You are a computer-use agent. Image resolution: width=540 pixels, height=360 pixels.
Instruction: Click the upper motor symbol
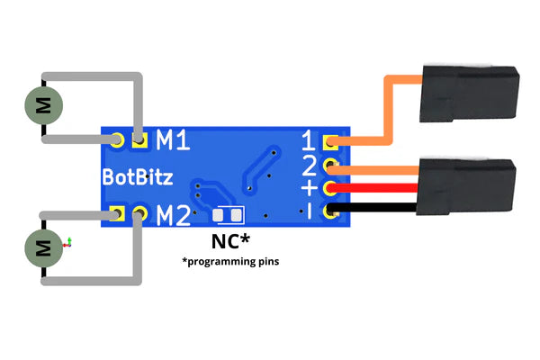tap(43, 105)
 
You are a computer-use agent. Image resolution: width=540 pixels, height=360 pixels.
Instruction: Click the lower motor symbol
tap(43, 248)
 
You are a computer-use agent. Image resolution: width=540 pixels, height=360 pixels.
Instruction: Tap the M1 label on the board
tap(173, 139)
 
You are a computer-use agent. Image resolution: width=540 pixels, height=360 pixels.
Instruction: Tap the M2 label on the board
tap(173, 215)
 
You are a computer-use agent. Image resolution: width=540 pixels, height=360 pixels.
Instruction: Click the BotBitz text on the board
tap(138, 177)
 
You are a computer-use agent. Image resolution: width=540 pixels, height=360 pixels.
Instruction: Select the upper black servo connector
tap(469, 94)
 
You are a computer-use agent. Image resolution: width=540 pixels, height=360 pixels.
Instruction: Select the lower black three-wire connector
tap(466, 186)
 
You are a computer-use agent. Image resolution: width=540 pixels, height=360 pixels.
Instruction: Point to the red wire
tap(373, 188)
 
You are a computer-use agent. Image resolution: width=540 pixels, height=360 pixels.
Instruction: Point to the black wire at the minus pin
tap(372, 207)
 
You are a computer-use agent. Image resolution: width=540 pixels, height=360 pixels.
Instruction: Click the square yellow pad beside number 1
tap(330, 141)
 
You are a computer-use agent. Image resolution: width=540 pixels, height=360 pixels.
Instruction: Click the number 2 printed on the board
tap(309, 166)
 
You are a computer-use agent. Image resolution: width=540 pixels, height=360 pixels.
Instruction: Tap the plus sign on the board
tap(310, 188)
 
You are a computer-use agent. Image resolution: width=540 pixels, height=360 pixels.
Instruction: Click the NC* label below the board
tap(230, 241)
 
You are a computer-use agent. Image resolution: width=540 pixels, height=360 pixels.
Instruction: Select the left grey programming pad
tap(218, 215)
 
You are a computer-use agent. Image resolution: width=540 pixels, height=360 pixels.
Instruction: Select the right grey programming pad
tap(236, 215)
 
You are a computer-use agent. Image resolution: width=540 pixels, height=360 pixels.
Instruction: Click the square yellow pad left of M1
tap(139, 139)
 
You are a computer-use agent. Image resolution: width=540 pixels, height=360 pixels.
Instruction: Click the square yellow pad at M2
tap(117, 213)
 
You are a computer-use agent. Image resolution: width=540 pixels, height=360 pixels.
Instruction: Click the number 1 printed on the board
tap(309, 140)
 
